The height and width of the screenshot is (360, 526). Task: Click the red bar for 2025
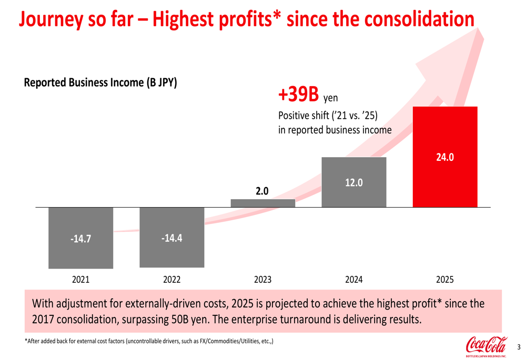[x=445, y=179]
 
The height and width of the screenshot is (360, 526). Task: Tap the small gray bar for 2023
[x=263, y=203]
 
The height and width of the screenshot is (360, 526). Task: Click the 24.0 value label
[x=445, y=157]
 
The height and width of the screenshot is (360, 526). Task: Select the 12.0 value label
[x=353, y=182]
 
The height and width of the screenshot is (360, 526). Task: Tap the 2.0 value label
[x=262, y=191]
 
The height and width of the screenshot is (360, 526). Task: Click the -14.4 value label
[x=171, y=238]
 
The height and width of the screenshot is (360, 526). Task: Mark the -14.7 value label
[x=80, y=239]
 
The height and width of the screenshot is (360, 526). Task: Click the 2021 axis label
[x=80, y=280]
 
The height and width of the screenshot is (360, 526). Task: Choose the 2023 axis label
[x=262, y=280]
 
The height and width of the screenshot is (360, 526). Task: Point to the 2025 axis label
[x=445, y=280]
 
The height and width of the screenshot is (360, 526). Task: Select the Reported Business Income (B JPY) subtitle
[x=100, y=83]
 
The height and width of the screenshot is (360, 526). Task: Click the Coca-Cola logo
[x=485, y=346]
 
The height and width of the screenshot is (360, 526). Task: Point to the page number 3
[x=518, y=347]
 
